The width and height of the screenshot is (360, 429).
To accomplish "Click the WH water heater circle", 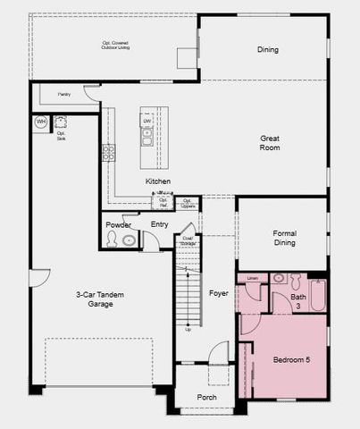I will tap(41, 122).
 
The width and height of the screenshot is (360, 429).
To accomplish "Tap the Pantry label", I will tap(63, 93).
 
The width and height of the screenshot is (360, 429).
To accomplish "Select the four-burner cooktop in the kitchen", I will tap(108, 152).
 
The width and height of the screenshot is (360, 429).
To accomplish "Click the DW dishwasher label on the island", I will tap(147, 121).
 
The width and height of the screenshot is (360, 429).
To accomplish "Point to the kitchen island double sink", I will tap(147, 137).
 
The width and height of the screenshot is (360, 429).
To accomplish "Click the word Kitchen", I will tap(158, 181).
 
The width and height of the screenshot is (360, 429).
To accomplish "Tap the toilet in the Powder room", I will tap(112, 239).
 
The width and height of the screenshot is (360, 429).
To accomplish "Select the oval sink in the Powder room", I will tap(130, 240).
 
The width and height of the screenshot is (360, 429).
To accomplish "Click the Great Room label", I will tap(270, 143).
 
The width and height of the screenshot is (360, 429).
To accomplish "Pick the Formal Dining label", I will tap(284, 237).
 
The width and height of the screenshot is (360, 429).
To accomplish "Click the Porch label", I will tap(206, 398).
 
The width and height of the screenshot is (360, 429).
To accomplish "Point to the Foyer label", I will tap(218, 292).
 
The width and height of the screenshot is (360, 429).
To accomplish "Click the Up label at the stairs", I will tap(187, 330).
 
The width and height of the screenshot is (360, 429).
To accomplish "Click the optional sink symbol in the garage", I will tap(61, 122).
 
